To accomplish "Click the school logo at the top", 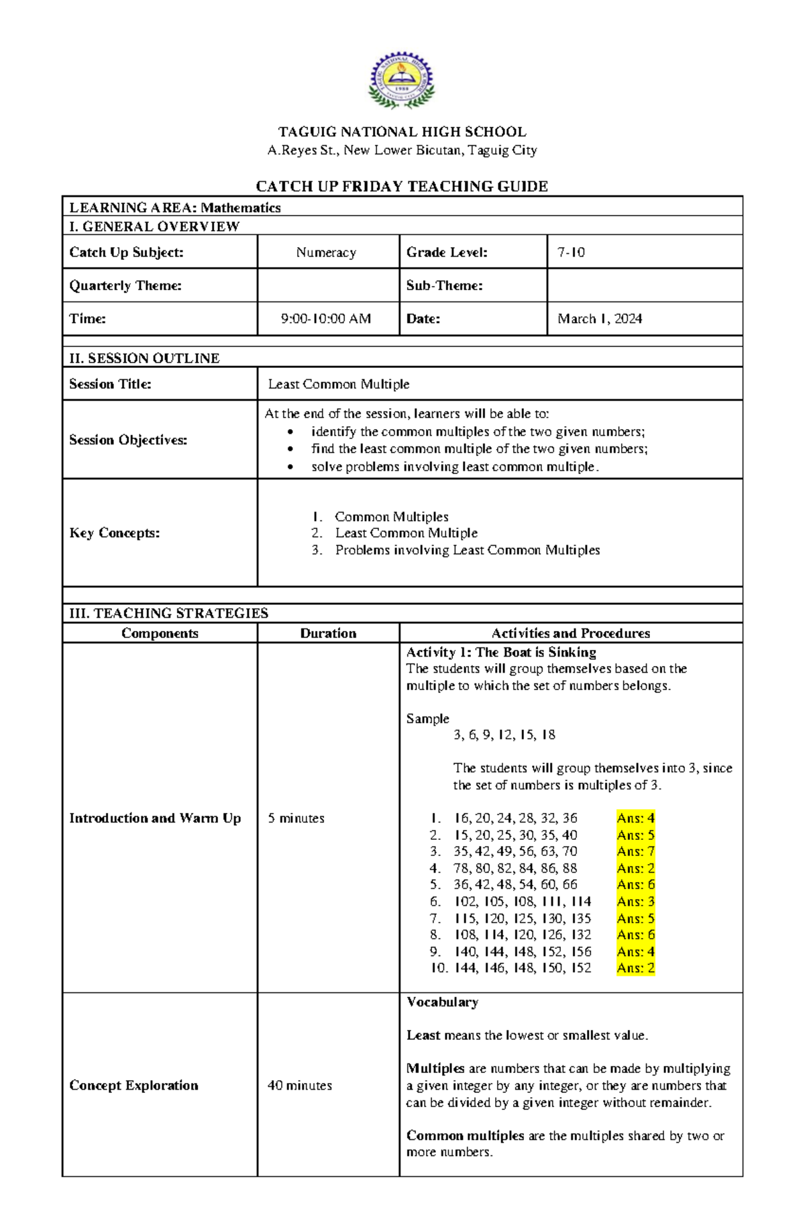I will tap(401, 81).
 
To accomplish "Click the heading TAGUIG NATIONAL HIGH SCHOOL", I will tap(402, 132).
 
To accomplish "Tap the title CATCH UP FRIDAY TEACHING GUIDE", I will tap(402, 186).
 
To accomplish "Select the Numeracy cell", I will tap(326, 252).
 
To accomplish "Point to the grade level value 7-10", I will tap(571, 252).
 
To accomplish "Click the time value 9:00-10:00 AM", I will tap(326, 319).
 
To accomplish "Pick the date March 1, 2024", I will tap(599, 319).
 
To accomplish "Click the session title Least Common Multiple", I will tap(338, 384).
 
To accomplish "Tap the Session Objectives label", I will tap(128, 440).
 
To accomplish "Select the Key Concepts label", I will tap(115, 533).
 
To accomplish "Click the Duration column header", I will tap(328, 633).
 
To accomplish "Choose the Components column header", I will tap(160, 633).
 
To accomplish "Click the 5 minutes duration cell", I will tap(296, 818).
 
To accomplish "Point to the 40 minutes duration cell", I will tap(299, 1086).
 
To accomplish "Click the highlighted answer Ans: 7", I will tap(635, 851).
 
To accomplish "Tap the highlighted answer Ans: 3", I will tap(635, 902).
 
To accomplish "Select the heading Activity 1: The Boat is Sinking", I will tap(501, 652).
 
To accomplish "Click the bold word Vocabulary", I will tap(442, 1002).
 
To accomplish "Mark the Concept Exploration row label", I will tap(133, 1086).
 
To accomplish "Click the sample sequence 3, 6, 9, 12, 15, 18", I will tap(504, 735).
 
